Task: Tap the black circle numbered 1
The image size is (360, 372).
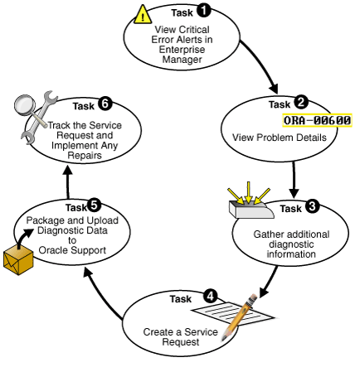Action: tap(204, 12)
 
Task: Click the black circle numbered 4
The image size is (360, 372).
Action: tap(212, 295)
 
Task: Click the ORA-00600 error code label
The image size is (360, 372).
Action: tap(317, 120)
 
